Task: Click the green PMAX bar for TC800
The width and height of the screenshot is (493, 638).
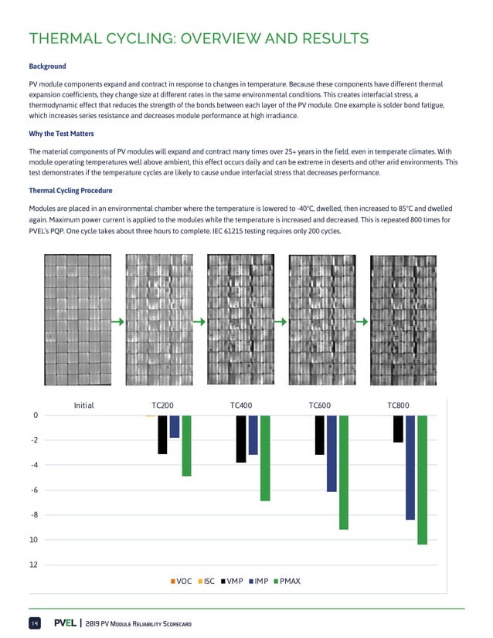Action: [x=422, y=479]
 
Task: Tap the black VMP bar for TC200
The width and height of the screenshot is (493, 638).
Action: [x=162, y=434]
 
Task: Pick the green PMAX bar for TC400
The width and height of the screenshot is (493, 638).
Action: [x=265, y=458]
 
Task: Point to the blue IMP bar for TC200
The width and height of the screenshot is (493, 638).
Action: [x=175, y=426]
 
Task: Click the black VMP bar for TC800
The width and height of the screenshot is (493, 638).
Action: [x=398, y=429]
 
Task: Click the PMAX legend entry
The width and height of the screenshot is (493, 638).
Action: [x=287, y=580]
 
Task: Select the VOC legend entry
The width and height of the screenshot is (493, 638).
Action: [x=182, y=580]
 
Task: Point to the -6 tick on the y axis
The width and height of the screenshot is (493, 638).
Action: [x=36, y=490]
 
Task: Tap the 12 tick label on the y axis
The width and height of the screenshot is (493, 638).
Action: [x=35, y=565]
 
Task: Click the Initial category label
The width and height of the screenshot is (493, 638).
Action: [x=83, y=405]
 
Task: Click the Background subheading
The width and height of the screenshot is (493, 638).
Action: [x=47, y=66]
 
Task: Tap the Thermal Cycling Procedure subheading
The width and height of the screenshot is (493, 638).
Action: [x=70, y=191]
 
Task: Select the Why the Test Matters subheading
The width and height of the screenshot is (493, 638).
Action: [x=61, y=134]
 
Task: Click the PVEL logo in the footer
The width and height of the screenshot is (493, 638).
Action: [x=65, y=623]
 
